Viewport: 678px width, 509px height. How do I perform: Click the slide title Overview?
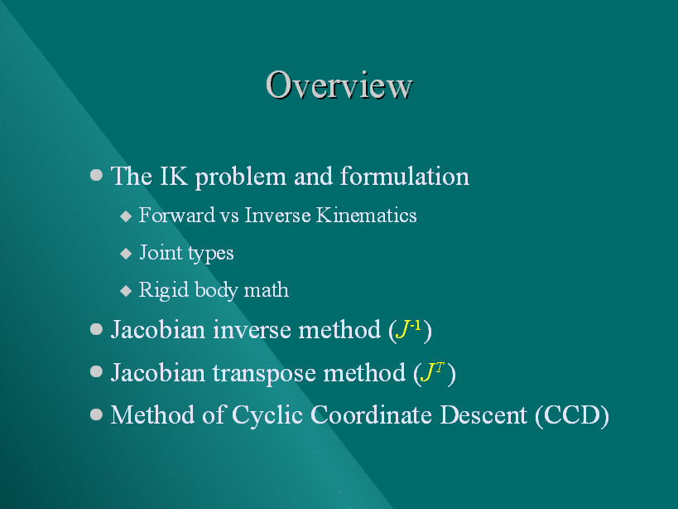pos(339,85)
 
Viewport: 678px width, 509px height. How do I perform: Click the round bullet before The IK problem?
pos(96,175)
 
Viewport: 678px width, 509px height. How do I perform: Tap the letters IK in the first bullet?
pos(173,177)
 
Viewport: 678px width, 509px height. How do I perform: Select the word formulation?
pos(404,177)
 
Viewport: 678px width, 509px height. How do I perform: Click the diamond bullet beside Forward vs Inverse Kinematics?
pos(126,216)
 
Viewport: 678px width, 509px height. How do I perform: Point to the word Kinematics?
pos(366,216)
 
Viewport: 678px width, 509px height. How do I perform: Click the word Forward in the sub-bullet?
pos(177,216)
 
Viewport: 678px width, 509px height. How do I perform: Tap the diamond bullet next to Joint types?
pos(126,253)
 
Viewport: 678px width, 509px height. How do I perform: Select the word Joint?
pos(161,253)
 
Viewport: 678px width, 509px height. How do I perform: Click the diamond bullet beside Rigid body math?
pos(126,290)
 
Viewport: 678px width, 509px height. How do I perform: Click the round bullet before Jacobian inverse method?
pos(96,329)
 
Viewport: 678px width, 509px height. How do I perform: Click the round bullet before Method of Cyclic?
pos(96,414)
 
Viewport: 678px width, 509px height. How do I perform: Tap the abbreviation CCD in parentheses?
pos(572,415)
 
